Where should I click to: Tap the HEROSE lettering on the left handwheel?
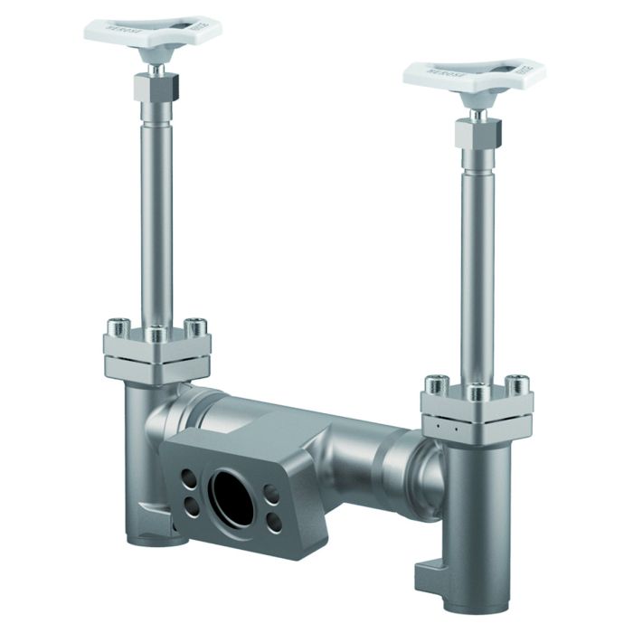[x=120, y=30]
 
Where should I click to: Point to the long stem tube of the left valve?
[x=155, y=217]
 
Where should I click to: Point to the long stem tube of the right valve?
[x=477, y=262]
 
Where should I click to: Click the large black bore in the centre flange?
[x=231, y=492]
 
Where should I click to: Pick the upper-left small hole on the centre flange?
[x=188, y=477]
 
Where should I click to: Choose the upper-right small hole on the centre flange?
[x=270, y=492]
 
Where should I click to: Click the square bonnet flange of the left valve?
[x=157, y=357]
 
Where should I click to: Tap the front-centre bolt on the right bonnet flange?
[x=477, y=390]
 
